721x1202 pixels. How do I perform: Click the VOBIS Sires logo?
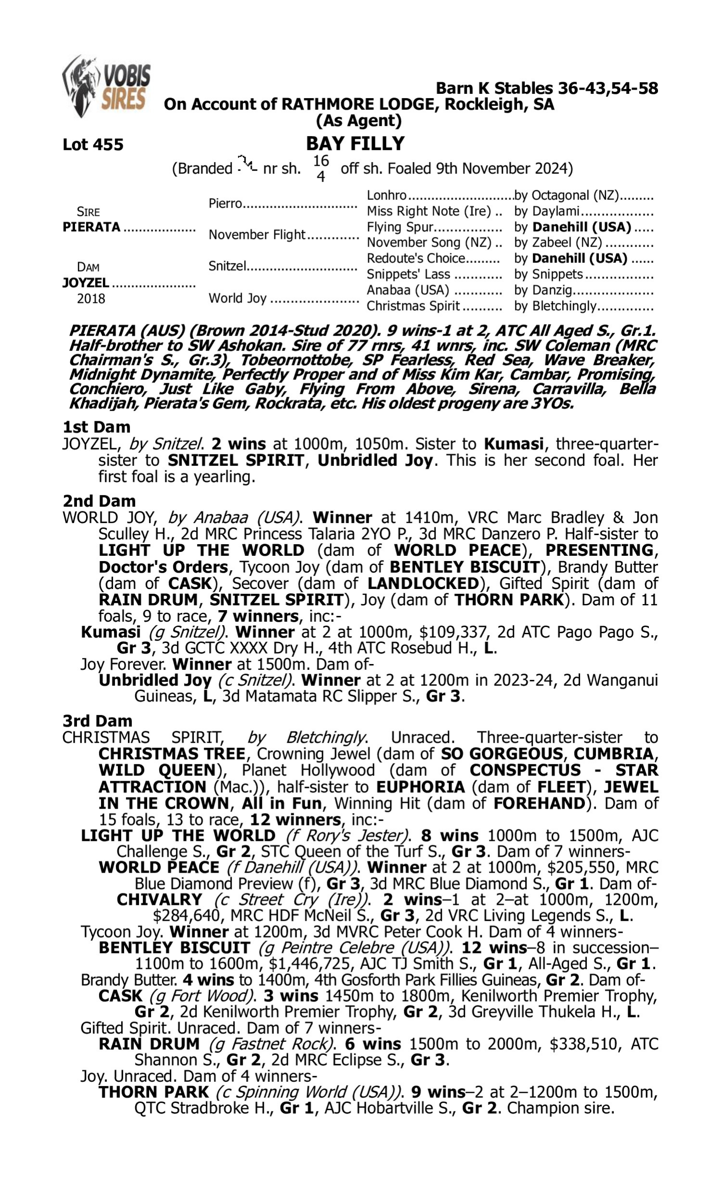pos(106,87)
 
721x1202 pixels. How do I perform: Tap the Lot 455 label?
pos(93,144)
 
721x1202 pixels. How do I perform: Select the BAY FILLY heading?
pos(355,143)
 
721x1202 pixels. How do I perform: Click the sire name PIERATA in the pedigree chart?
pos(91,227)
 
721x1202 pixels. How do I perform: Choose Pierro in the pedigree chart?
pos(225,203)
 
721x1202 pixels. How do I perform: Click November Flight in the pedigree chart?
pos(257,235)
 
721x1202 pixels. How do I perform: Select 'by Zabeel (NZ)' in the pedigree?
pos(558,242)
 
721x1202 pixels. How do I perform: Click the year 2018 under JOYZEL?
pos(91,299)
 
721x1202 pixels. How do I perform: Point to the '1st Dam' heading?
pos(96,427)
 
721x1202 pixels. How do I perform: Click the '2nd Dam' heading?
pos(99,501)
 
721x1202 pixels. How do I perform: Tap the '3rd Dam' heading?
pos(97,721)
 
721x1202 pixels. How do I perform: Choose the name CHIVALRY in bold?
pos(160,899)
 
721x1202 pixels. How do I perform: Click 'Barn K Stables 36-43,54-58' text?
pos(547,88)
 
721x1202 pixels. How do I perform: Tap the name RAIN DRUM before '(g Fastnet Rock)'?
pos(149,1044)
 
